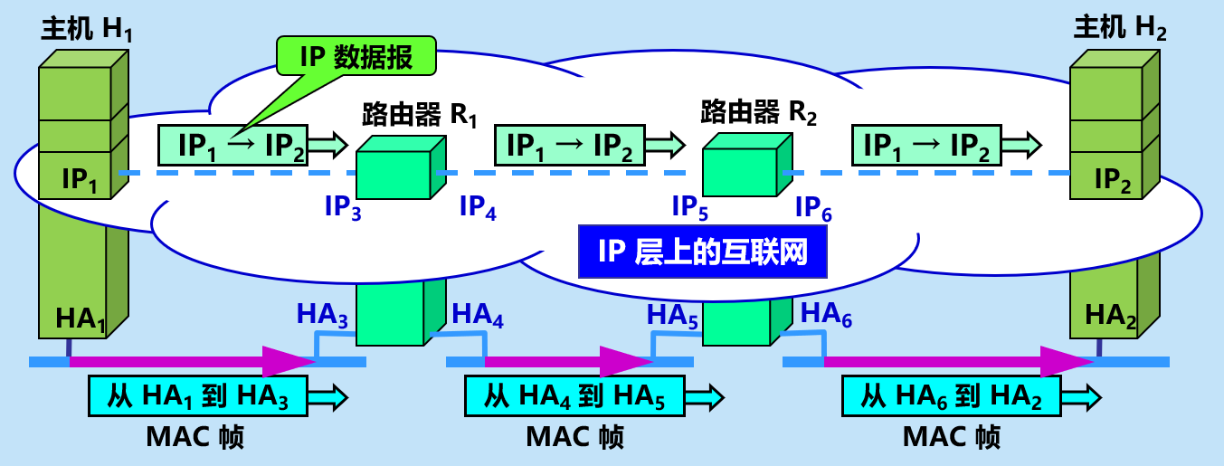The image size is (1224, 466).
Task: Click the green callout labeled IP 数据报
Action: tap(356, 58)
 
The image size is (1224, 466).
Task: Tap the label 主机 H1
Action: tap(87, 30)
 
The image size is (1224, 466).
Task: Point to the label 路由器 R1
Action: tap(418, 114)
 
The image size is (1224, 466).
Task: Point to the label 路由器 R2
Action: tap(759, 112)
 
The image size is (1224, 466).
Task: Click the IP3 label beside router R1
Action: tap(343, 208)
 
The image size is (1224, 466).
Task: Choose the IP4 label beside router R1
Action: tap(478, 208)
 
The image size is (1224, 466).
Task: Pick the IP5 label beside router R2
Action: tap(690, 208)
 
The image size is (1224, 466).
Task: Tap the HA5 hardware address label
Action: tap(673, 317)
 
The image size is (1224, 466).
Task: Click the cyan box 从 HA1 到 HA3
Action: tap(198, 396)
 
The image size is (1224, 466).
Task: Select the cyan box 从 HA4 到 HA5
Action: tap(575, 396)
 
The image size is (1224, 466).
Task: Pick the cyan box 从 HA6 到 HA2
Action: tap(952, 396)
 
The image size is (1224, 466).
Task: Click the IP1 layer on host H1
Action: tap(80, 179)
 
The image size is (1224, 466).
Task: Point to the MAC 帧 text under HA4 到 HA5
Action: tap(575, 437)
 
